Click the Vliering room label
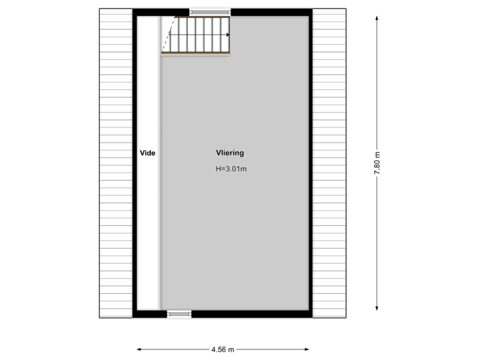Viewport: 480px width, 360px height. pyautogui.click(x=229, y=153)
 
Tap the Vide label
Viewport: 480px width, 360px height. pyautogui.click(x=147, y=153)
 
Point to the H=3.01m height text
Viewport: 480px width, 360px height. pyautogui.click(x=231, y=169)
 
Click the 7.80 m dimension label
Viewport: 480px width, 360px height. pyautogui.click(x=377, y=162)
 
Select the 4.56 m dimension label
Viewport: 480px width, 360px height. pyautogui.click(x=223, y=349)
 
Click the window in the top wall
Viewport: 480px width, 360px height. pyautogui.click(x=211, y=11)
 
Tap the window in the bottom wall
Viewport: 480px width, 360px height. pyautogui.click(x=178, y=313)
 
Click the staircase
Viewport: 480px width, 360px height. pyautogui.click(x=197, y=35)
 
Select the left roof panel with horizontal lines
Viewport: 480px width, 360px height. pyautogui.click(x=116, y=162)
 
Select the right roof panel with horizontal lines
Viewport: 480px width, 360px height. pyautogui.click(x=329, y=162)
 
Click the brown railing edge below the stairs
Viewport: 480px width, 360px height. pyautogui.click(x=197, y=55)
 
